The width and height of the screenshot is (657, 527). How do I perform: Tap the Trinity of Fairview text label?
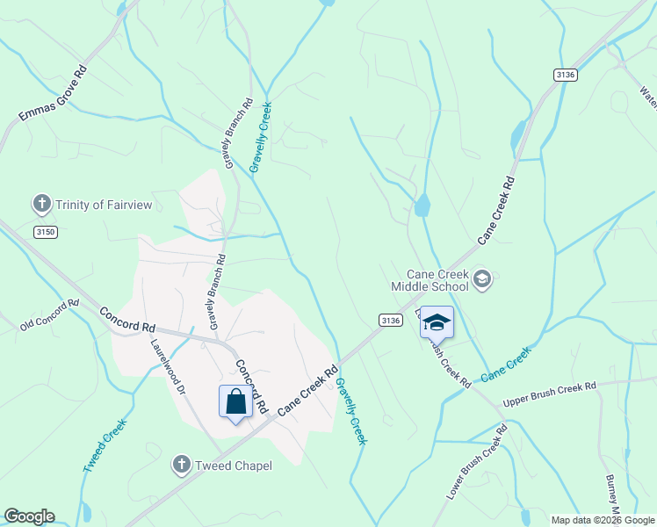tap(104, 205)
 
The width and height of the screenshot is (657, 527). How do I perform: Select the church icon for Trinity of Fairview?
tap(40, 205)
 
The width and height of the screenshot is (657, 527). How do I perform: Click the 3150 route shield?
tap(46, 231)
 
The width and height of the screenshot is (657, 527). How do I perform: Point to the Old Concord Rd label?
tap(49, 314)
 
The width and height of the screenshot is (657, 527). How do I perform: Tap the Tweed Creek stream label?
tap(105, 446)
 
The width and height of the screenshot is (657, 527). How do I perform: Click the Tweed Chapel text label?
tap(233, 466)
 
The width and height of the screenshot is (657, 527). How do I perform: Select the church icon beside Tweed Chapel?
tap(182, 464)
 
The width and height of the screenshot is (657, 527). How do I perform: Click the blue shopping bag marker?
tap(235, 402)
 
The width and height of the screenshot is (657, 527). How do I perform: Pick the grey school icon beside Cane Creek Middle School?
tap(481, 279)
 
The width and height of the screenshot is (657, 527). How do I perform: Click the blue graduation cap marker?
tap(437, 322)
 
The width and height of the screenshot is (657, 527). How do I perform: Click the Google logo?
tap(29, 516)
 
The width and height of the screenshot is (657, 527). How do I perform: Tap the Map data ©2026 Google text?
tap(603, 520)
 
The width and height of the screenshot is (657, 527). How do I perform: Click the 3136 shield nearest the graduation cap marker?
tap(391, 321)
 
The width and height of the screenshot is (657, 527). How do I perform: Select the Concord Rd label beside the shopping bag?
tap(249, 386)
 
